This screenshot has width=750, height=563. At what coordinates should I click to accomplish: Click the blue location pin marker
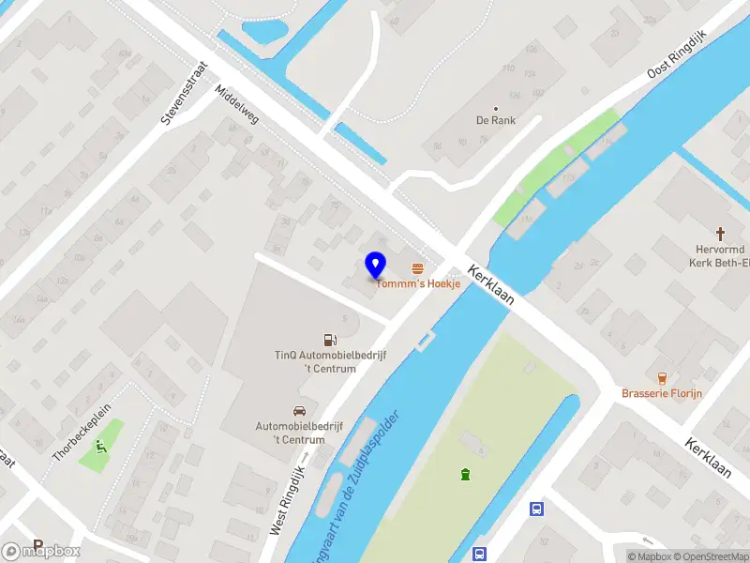pos(376,265)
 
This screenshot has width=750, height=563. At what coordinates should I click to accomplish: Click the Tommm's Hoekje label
pos(419,284)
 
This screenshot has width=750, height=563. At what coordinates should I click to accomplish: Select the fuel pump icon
pos(328,340)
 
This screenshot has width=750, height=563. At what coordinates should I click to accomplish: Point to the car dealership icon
pos(299,411)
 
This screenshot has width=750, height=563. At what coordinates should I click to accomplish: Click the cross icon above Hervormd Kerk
pos(721,233)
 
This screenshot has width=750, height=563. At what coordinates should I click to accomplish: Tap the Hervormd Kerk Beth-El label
pos(719,257)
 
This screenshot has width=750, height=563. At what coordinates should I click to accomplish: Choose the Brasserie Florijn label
pos(661,393)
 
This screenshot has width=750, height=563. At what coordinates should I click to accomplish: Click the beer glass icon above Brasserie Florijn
pos(662,378)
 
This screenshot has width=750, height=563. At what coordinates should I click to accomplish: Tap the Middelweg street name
pos(236,105)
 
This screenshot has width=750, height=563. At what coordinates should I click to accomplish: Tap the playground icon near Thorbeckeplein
pos(100,446)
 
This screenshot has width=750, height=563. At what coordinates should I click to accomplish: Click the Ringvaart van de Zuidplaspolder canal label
pos(362,488)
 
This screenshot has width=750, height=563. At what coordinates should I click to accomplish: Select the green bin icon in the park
pos(463,474)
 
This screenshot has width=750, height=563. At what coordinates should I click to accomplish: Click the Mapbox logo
pos(41,551)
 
